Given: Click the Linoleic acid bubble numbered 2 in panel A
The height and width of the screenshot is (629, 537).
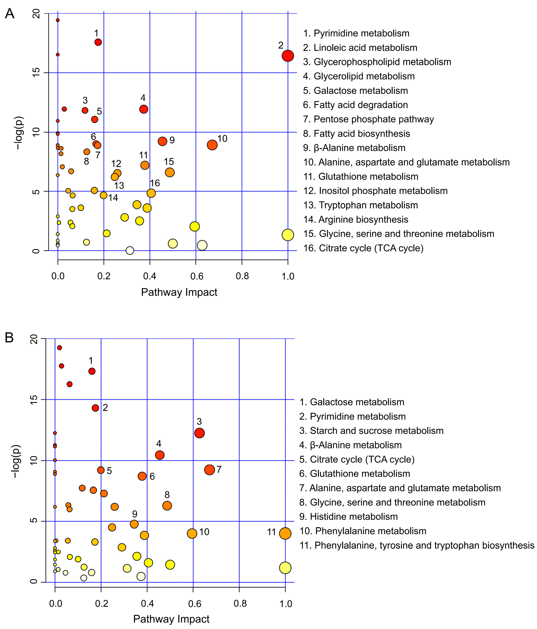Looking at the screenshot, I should click(287, 56).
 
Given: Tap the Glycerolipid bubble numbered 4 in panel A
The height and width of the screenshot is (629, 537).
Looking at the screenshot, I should click(144, 109).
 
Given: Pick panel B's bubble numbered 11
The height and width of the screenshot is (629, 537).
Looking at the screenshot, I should click(285, 533).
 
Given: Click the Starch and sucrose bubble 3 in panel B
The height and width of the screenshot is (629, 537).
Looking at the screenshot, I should click(199, 433).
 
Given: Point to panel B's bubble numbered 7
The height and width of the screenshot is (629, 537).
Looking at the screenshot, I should click(209, 470).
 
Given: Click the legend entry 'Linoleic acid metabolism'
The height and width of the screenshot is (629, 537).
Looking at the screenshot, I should click(360, 48).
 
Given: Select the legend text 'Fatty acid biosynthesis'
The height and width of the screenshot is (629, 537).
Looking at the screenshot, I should click(357, 134).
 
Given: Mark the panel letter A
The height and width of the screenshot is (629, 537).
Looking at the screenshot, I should click(9, 14).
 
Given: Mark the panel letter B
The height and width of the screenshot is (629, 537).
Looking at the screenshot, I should click(9, 338).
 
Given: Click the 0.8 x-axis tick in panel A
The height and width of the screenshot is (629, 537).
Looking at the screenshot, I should click(242, 276).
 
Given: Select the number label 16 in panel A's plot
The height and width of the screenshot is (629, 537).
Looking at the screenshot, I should click(155, 183).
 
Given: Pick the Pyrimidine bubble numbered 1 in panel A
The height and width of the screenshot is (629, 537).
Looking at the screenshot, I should click(98, 42).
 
